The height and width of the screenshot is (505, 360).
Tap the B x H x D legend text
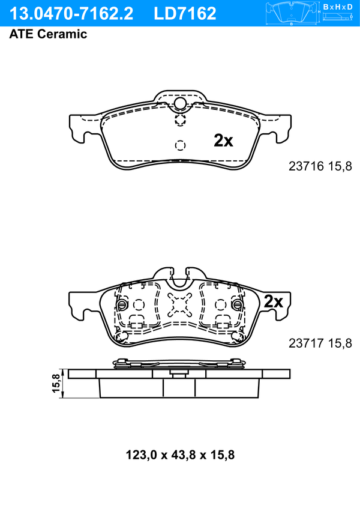[x=338, y=7]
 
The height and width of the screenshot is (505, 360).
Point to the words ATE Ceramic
[x=48, y=34]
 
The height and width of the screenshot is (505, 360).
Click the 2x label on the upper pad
[x=223, y=141]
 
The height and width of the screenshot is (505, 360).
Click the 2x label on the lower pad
[x=273, y=302]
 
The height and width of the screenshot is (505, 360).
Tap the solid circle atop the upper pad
[x=180, y=104]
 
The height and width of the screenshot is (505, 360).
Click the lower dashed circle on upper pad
[x=180, y=145]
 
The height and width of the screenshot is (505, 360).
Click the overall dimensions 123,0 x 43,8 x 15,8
[x=180, y=455]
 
